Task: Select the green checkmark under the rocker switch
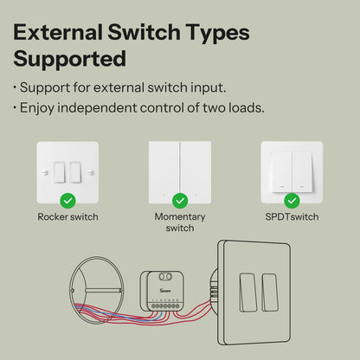coord(68,199)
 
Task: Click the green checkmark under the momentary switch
coord(179,199)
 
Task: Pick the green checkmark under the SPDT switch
coord(292,199)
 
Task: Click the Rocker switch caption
coord(67,217)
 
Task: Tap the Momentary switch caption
coord(179,222)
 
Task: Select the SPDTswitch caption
coord(292,217)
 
